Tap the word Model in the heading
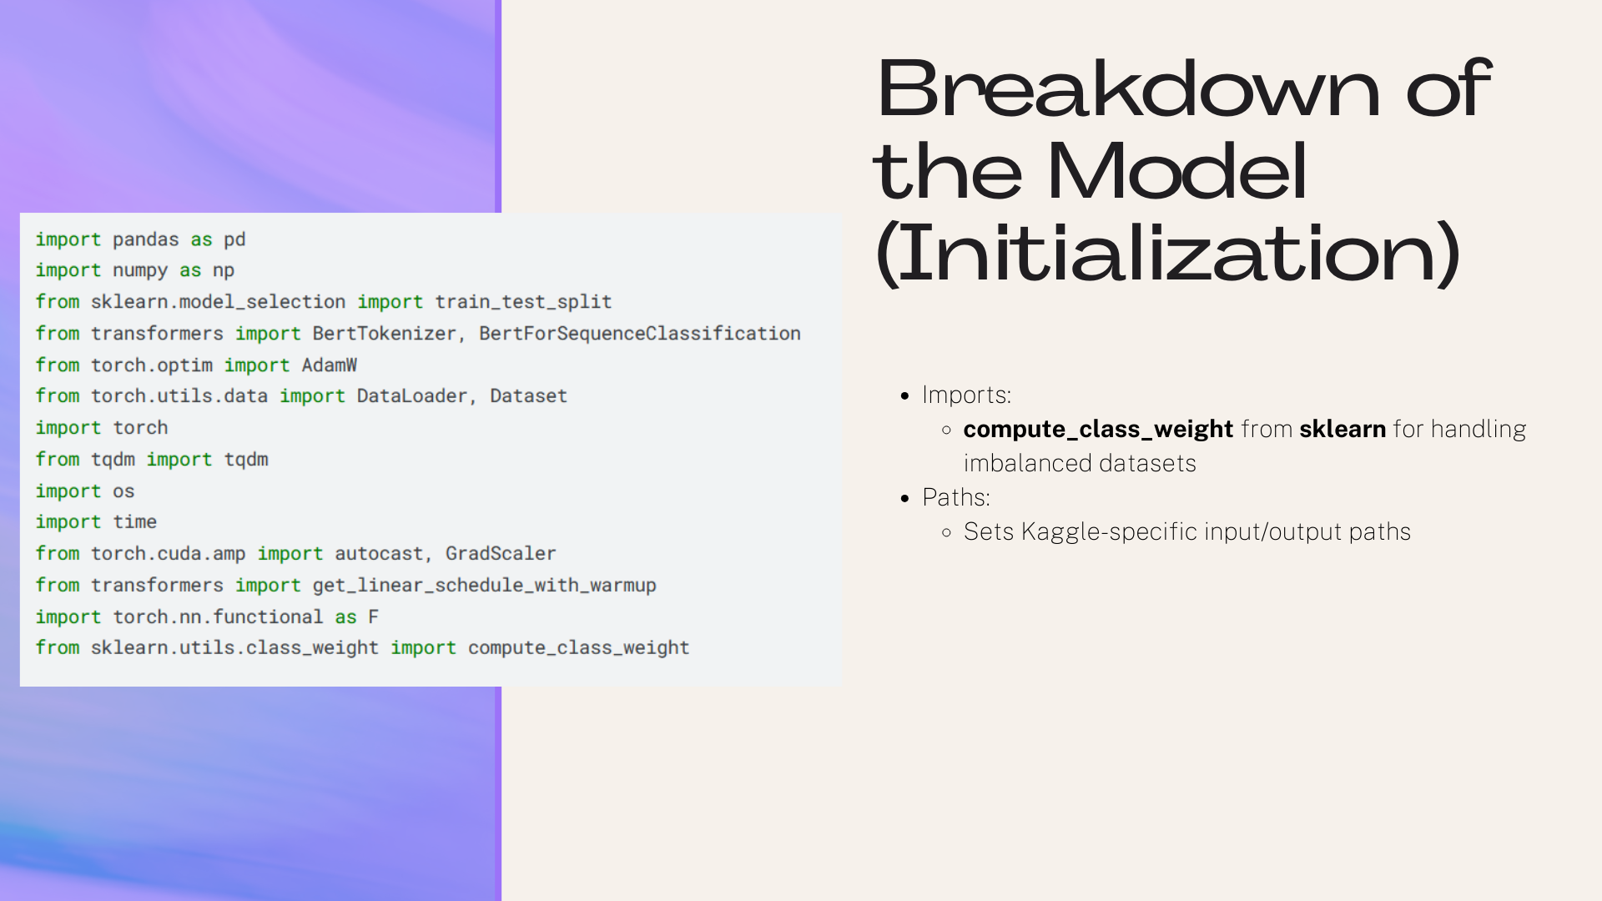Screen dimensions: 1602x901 (x=1176, y=171)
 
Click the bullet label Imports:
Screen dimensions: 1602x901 (x=966, y=395)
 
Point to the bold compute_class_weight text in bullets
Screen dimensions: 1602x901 (x=1098, y=430)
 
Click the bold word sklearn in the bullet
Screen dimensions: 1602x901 (x=1343, y=429)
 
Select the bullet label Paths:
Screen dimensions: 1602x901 (x=956, y=497)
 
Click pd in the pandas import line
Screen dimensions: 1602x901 (x=234, y=240)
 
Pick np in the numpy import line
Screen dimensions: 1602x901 (x=224, y=271)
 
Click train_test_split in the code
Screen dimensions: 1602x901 (x=523, y=302)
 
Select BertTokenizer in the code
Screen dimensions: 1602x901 (x=385, y=334)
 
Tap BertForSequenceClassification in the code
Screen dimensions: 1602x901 (x=640, y=334)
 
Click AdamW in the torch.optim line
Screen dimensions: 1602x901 (x=330, y=365)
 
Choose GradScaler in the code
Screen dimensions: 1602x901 (x=501, y=554)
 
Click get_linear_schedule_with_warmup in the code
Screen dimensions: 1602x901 (x=485, y=586)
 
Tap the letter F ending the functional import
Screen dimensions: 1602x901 (x=373, y=617)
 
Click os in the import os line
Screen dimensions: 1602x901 (x=123, y=491)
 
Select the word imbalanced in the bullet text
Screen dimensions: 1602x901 (x=1025, y=464)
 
